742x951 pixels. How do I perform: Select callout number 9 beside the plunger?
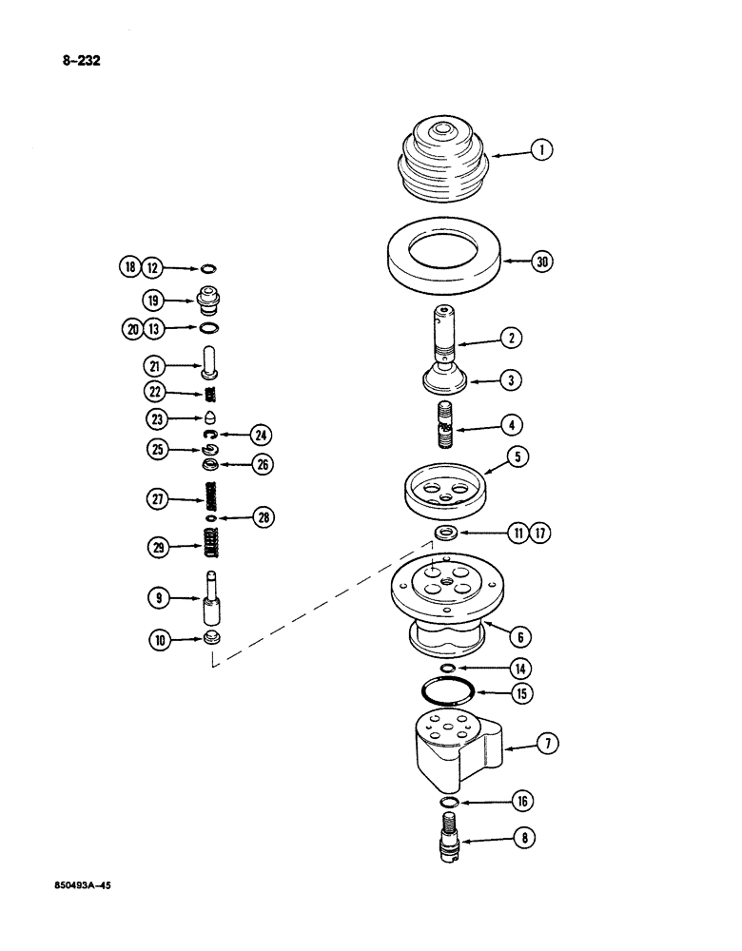(x=156, y=597)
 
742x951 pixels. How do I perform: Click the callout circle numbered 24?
(x=261, y=436)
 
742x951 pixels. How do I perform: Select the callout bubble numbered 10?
(x=156, y=640)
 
